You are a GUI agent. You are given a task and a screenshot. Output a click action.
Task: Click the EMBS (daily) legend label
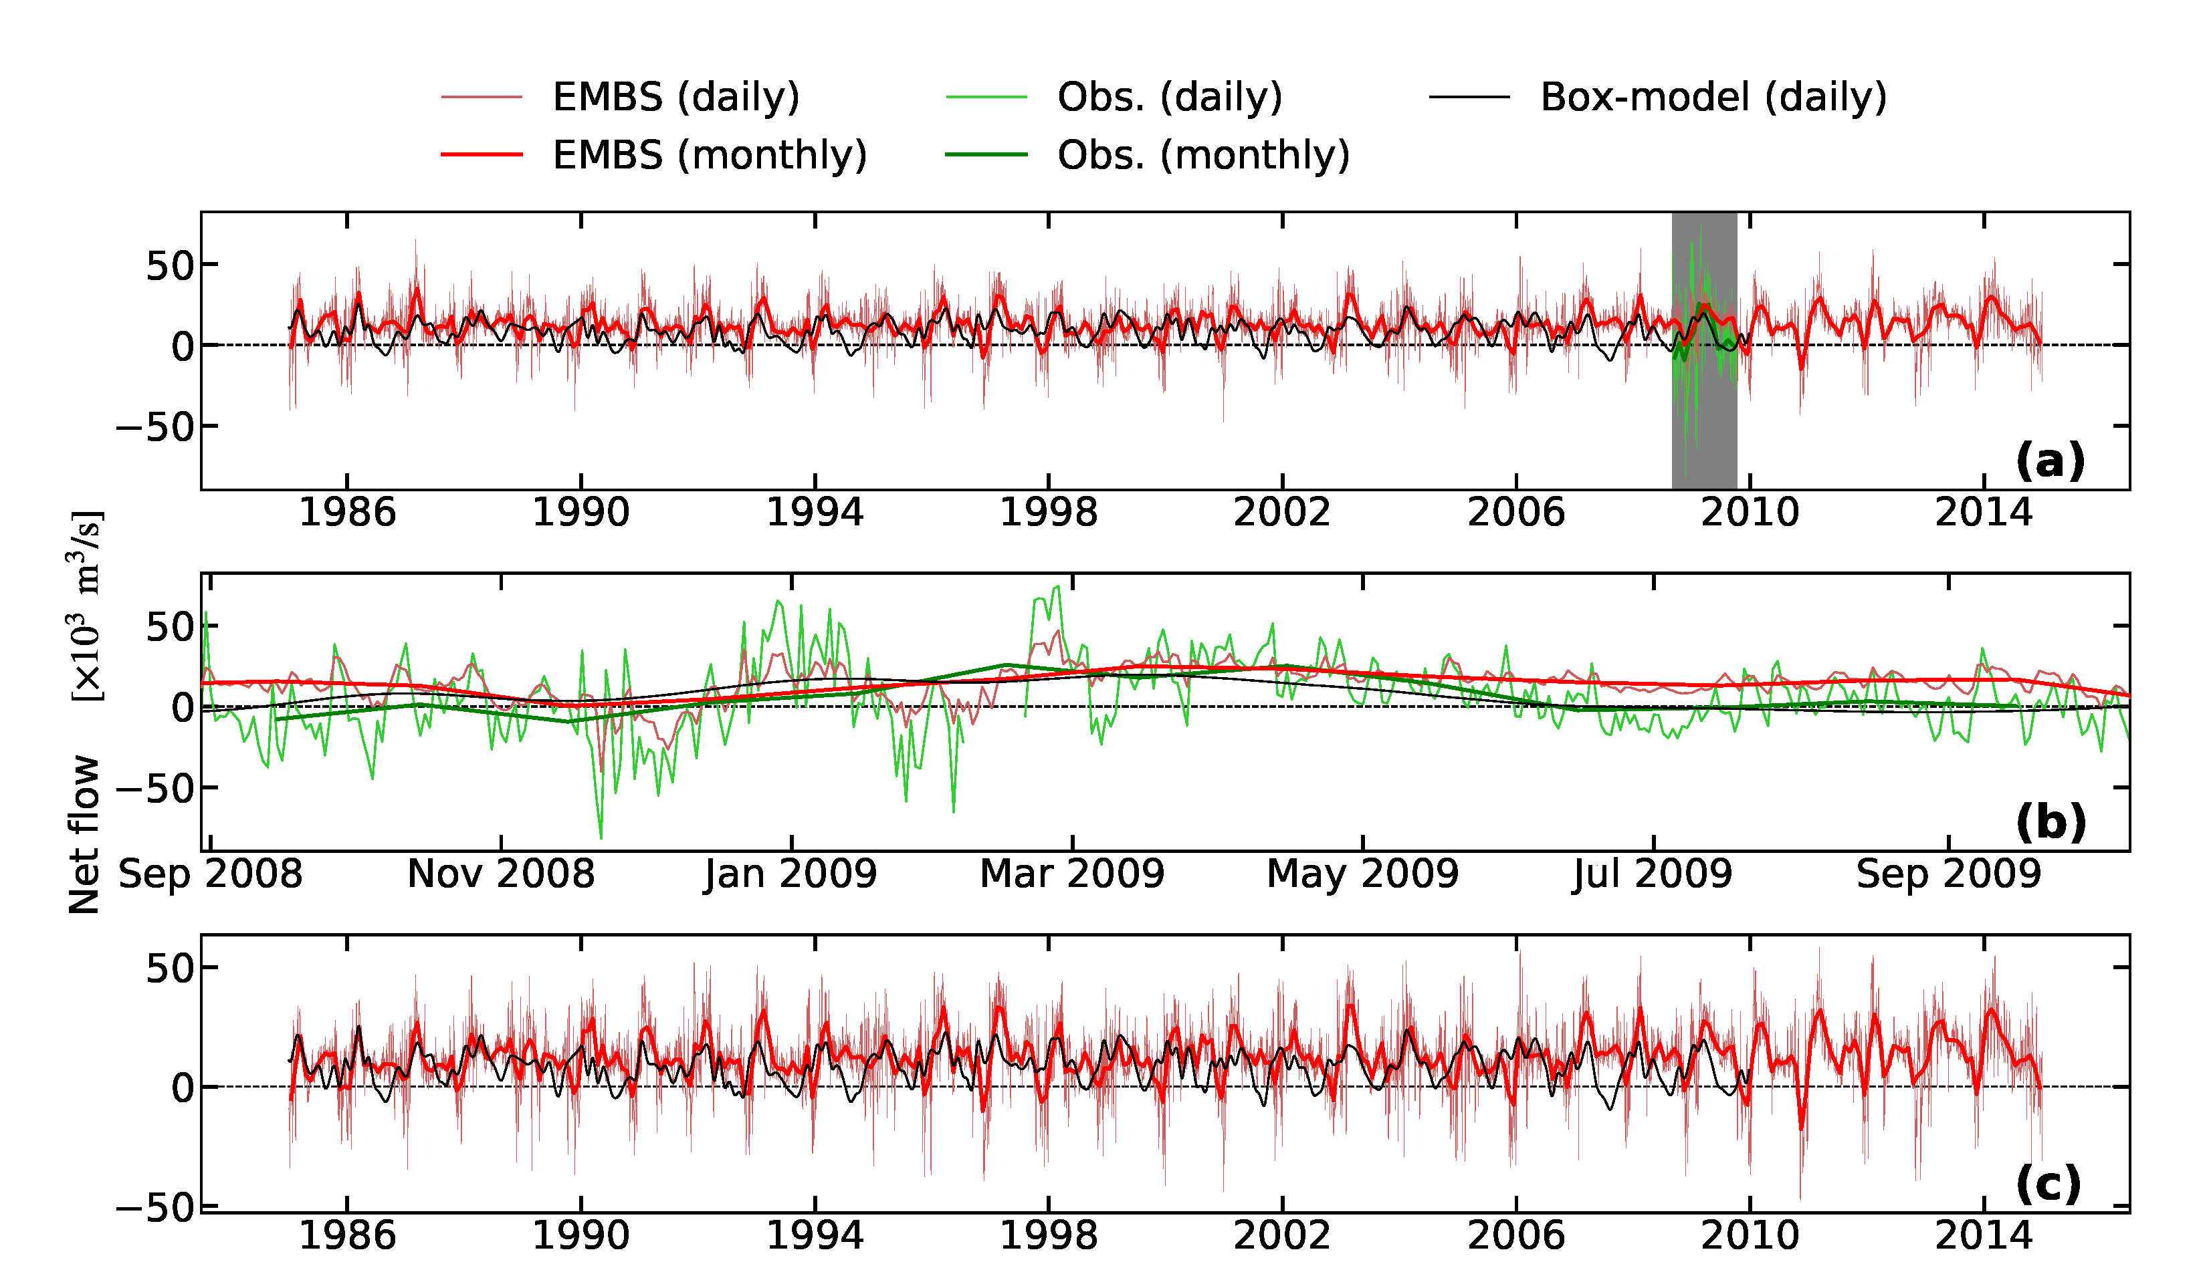point(676,98)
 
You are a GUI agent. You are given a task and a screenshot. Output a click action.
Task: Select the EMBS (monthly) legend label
point(709,156)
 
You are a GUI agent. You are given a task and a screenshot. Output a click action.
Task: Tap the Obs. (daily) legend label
point(1169,98)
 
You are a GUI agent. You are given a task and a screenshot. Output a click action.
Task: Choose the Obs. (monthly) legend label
point(1203,156)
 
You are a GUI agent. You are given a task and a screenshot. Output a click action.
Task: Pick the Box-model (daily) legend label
point(1713,98)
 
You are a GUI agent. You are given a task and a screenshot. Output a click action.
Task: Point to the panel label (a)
point(2050,460)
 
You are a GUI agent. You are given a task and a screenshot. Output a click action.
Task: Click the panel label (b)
point(2050,821)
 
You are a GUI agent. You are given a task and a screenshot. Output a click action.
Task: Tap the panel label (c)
point(2048,1182)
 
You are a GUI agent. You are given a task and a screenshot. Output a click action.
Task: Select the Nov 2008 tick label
point(501,874)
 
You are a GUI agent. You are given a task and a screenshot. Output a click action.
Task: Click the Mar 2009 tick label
point(1071,874)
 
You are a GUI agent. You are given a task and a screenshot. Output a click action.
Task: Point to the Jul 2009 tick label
point(1653,874)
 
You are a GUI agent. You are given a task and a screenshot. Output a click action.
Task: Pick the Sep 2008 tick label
point(210,874)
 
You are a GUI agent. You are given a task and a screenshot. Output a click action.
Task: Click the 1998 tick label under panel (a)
point(1048,513)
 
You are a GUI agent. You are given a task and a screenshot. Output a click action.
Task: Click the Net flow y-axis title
point(84,834)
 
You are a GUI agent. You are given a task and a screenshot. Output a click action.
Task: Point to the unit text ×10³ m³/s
point(86,606)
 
